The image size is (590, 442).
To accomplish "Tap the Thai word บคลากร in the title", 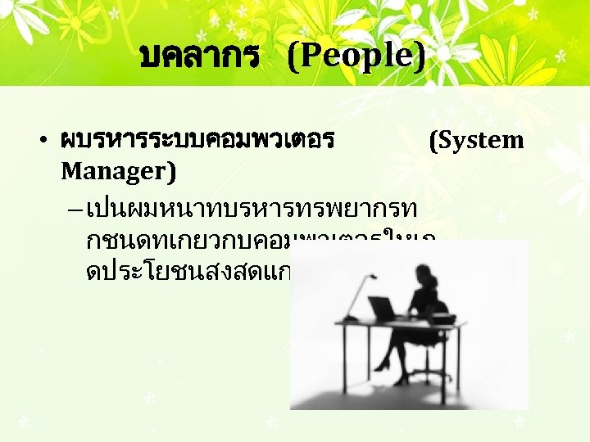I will (x=200, y=56).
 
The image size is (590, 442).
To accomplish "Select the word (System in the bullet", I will (x=476, y=140).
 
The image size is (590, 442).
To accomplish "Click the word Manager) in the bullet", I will (x=112, y=171).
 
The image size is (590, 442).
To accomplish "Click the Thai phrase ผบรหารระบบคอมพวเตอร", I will (x=197, y=140).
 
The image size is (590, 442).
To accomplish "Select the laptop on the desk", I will (x=383, y=309).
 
